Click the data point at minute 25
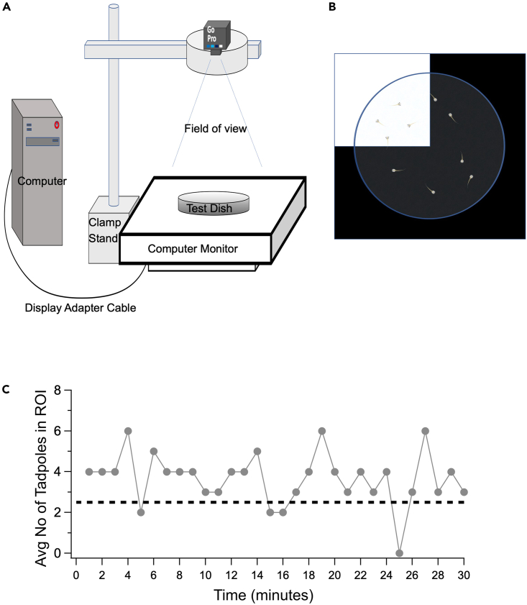399,553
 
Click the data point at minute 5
140,512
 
